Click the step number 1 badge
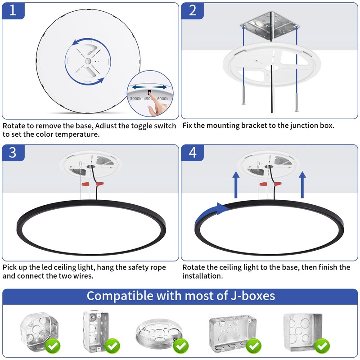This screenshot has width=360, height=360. click(x=13, y=11)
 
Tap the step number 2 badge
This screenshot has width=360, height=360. click(x=193, y=11)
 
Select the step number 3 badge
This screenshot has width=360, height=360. click(x=13, y=153)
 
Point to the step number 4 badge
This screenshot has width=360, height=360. click(x=193, y=153)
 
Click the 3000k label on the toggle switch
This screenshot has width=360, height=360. click(x=135, y=99)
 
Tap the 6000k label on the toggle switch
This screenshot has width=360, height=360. click(x=163, y=99)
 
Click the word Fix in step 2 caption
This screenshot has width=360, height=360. click(x=189, y=126)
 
